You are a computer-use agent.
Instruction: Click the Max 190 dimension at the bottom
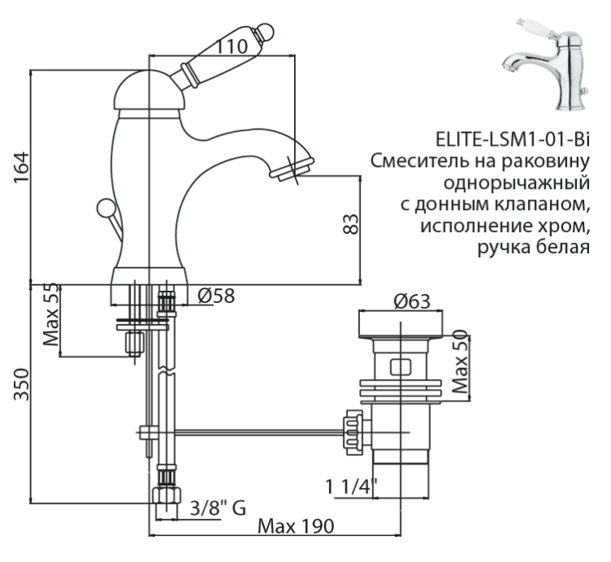(x=295, y=526)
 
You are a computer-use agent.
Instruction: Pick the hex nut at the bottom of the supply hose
(x=165, y=498)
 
